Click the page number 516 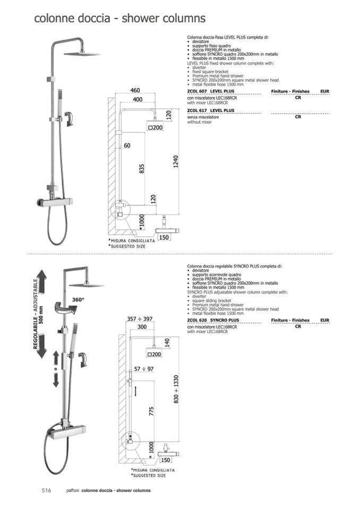pyautogui.click(x=46, y=490)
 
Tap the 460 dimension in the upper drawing pyautogui.click(x=135, y=91)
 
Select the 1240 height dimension pyautogui.click(x=176, y=162)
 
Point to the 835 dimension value pyautogui.click(x=142, y=169)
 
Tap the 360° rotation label pyautogui.click(x=78, y=300)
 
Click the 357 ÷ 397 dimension pyautogui.click(x=140, y=319)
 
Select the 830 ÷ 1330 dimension pyautogui.click(x=176, y=389)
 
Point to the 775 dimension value pyautogui.click(x=151, y=411)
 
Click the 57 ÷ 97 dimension pyautogui.click(x=144, y=369)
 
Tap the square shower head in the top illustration pyautogui.click(x=82, y=54)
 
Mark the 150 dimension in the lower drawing pyautogui.click(x=165, y=460)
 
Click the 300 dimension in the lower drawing pyautogui.click(x=142, y=327)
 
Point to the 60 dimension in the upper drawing pyautogui.click(x=127, y=145)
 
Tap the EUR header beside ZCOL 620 pyautogui.click(x=324, y=320)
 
